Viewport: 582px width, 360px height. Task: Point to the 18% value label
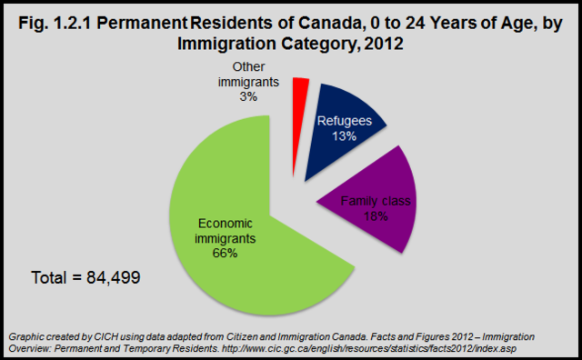point(375,217)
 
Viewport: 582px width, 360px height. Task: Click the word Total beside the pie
point(51,277)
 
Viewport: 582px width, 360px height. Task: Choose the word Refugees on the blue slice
point(342,121)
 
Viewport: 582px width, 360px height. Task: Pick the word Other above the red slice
point(246,66)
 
